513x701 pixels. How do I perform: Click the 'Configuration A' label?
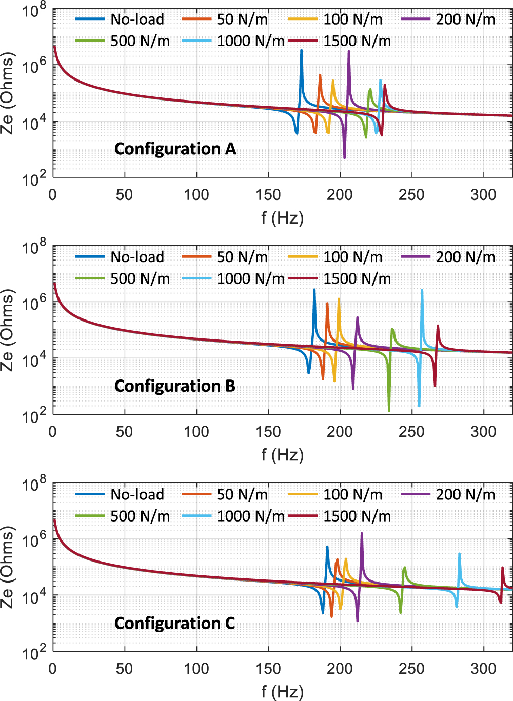175,149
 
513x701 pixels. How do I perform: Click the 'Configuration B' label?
174,386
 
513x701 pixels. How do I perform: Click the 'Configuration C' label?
174,623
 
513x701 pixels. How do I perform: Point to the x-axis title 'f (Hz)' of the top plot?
282,218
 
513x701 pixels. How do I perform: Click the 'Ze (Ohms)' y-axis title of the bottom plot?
7,567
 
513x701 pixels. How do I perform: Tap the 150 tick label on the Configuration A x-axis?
268,195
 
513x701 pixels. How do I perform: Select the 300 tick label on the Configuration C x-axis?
483,669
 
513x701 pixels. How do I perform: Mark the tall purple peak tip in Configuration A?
349,51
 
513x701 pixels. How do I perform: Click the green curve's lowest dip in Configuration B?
389,411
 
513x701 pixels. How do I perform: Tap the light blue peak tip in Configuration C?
459,554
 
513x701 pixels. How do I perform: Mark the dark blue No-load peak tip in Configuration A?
301,50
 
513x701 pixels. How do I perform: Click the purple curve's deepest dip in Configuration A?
344,158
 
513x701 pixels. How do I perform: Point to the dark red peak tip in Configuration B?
438,326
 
